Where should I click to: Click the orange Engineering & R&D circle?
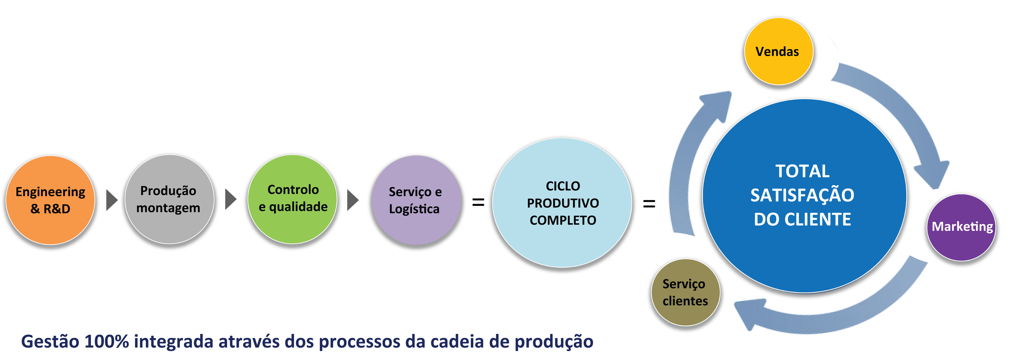[x=50, y=200]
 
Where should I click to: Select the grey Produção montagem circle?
[x=169, y=199]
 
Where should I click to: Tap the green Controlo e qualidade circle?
[x=292, y=199]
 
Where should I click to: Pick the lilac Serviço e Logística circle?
[x=416, y=200]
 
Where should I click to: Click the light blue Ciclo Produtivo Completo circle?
[x=562, y=203]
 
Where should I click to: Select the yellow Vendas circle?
[x=778, y=51]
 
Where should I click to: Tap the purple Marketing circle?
[x=961, y=227]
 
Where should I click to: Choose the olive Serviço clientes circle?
[x=685, y=292]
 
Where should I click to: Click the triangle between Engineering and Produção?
[x=112, y=200]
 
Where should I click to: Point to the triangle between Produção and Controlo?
[x=231, y=199]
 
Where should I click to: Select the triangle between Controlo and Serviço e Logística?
[x=353, y=200]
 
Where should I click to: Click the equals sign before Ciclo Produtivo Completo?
[x=478, y=202]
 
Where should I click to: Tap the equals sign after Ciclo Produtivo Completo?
[x=649, y=204]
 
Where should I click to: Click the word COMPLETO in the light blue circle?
[x=563, y=220]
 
